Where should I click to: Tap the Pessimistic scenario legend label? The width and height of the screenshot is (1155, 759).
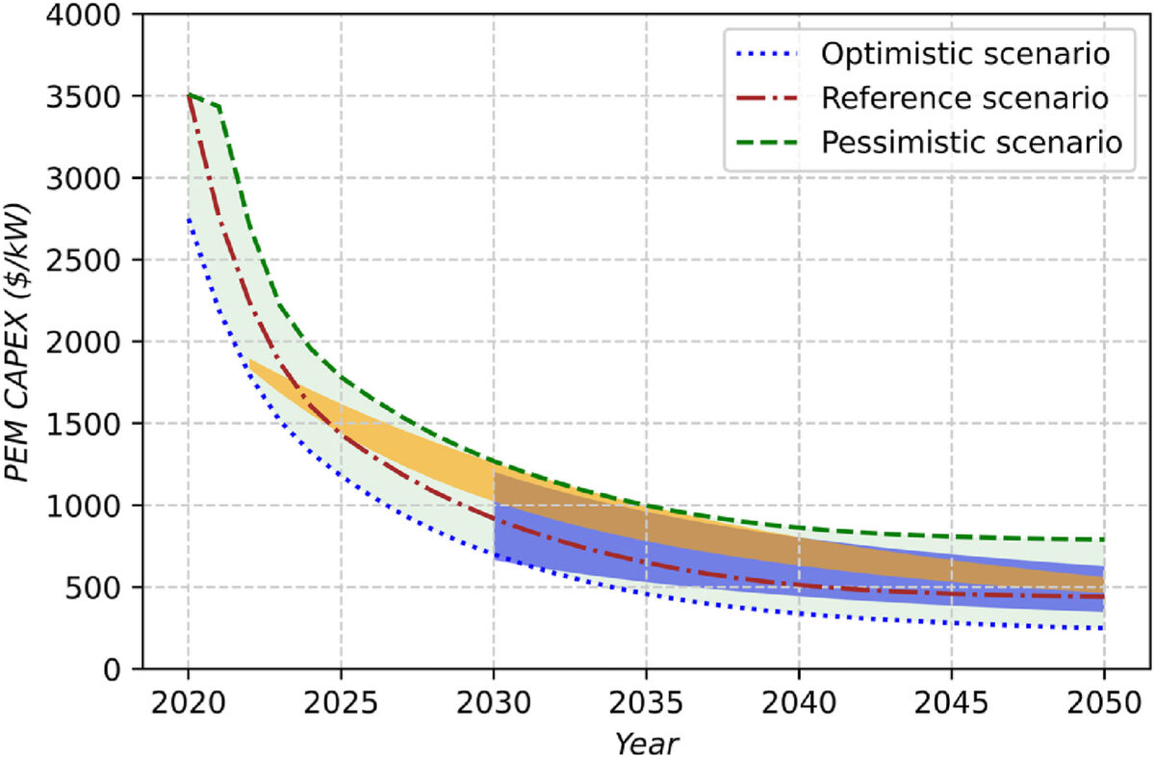point(972,142)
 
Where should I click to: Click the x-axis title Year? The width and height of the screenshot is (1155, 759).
point(646,743)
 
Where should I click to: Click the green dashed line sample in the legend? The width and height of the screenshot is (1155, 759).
point(768,143)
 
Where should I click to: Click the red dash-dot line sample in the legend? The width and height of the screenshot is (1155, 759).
point(768,97)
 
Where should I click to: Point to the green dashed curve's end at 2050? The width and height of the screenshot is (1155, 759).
point(1103,539)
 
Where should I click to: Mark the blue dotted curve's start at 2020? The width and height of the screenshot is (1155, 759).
point(189,219)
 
